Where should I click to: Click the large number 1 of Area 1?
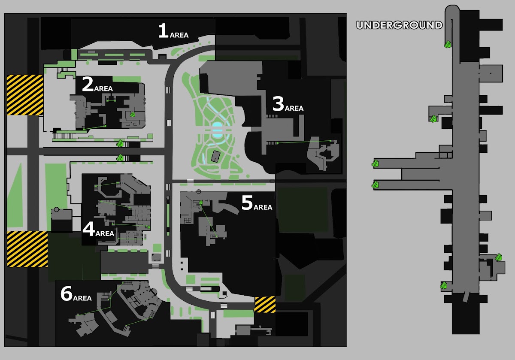click(163, 30)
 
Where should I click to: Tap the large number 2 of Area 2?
click(88, 84)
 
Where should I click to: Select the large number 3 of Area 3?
click(278, 104)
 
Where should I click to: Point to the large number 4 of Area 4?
click(89, 229)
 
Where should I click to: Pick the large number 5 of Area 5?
click(247, 203)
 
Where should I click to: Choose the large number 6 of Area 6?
click(67, 293)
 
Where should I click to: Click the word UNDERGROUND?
click(400, 25)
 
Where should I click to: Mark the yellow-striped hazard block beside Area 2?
click(25, 95)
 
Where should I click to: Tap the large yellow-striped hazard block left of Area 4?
click(27, 249)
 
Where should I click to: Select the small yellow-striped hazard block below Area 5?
click(265, 304)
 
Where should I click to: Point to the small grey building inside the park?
click(215, 157)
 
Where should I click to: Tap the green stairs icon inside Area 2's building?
click(133, 114)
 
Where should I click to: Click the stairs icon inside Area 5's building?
click(201, 202)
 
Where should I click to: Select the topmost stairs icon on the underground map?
click(447, 44)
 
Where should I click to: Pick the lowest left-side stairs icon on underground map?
click(443, 285)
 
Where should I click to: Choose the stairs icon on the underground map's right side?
click(498, 257)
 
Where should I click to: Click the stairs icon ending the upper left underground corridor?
click(375, 163)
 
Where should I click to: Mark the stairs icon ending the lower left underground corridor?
click(375, 185)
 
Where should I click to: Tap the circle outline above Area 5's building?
click(199, 191)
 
